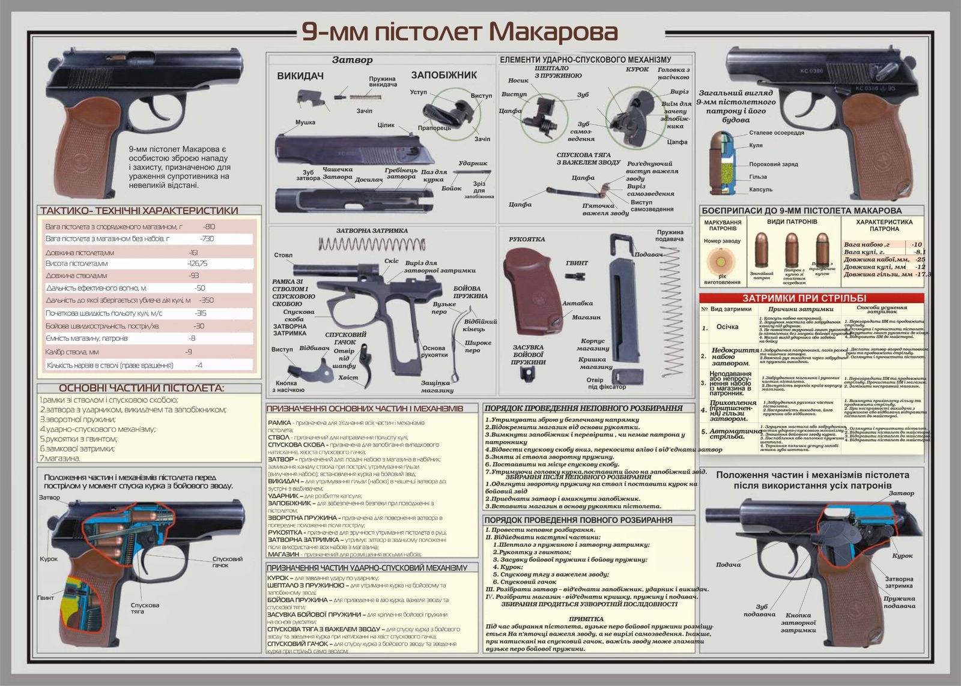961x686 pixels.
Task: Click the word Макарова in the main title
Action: pyautogui.click(x=549, y=33)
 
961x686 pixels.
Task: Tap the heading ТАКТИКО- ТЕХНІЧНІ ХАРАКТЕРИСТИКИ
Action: pyautogui.click(x=139, y=211)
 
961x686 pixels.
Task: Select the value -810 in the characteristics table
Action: pyautogui.click(x=208, y=227)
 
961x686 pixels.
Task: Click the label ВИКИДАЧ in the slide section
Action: pyautogui.click(x=300, y=76)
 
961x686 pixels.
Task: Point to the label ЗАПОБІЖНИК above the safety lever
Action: pyautogui.click(x=444, y=75)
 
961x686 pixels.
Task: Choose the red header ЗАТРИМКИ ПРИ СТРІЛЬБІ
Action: pyautogui.click(x=812, y=298)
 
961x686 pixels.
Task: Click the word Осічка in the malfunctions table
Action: pyautogui.click(x=727, y=327)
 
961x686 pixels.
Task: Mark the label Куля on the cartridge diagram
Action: pyautogui.click(x=756, y=145)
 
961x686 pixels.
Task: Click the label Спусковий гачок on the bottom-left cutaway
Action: pyautogui.click(x=227, y=562)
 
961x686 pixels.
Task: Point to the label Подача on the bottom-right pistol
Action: pyautogui.click(x=728, y=565)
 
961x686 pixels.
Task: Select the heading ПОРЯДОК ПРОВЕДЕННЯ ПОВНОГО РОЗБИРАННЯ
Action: pyautogui.click(x=578, y=520)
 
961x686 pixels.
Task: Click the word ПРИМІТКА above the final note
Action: pyautogui.click(x=586, y=619)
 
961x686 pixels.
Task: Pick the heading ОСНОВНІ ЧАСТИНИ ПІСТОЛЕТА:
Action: pyautogui.click(x=141, y=388)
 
